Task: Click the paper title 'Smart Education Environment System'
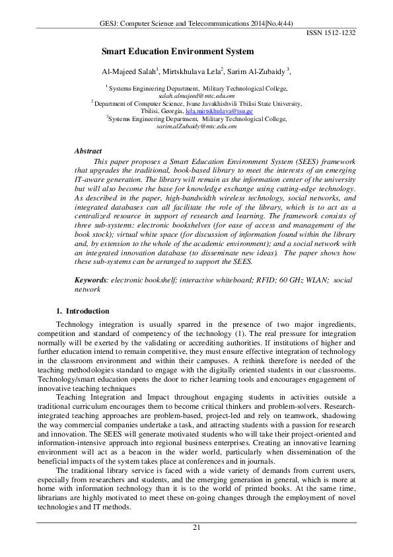[177, 51]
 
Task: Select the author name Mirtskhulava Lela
[192, 71]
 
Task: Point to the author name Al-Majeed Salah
[129, 71]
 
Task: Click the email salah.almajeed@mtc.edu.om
[196, 95]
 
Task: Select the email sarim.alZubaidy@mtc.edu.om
[196, 126]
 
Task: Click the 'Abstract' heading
[88, 151]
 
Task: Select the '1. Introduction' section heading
[83, 311]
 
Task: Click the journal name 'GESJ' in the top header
[107, 22]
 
